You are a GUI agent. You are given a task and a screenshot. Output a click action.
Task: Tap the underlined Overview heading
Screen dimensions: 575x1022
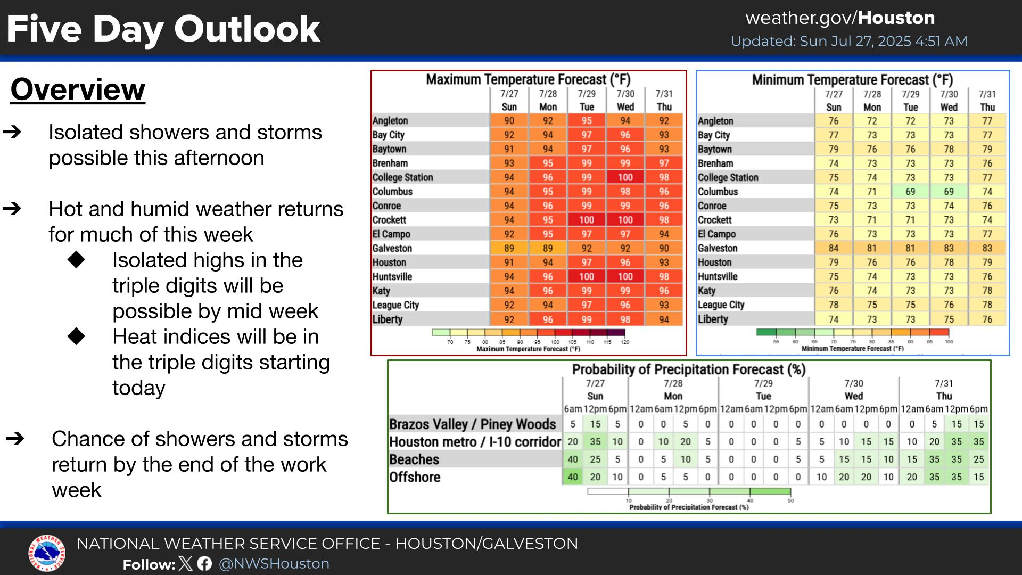[x=78, y=89]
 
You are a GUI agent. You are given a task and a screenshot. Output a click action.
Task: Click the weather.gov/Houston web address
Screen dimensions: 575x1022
[x=840, y=18]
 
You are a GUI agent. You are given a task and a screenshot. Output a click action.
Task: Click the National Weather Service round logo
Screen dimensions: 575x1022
[x=47, y=554]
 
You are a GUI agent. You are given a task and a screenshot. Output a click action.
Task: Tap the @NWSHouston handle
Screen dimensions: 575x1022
[x=274, y=564]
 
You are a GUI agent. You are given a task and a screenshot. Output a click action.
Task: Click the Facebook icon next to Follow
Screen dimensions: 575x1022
[x=204, y=564]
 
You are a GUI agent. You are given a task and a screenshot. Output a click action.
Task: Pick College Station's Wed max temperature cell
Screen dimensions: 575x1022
[x=625, y=177]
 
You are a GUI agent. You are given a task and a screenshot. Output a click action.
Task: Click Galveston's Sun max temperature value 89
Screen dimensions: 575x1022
[x=509, y=248]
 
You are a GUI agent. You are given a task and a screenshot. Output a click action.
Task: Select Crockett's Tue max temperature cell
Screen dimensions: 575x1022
[x=586, y=220]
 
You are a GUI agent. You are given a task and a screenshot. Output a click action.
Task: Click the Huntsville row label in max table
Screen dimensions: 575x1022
[x=392, y=277]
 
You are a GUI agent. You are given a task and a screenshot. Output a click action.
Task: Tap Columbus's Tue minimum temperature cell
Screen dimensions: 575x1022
[x=910, y=192]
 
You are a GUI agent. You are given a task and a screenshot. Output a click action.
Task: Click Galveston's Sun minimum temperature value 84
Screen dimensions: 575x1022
[x=833, y=248]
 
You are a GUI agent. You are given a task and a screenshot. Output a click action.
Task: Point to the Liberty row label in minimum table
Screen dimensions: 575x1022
[x=713, y=319]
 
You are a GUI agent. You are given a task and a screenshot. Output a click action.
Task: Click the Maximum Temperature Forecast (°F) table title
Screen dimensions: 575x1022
[x=528, y=79]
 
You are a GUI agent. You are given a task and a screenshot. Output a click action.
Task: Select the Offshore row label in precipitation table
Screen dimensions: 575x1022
[x=415, y=477]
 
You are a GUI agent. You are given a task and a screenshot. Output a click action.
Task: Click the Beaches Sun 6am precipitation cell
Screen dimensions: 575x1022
[x=572, y=459]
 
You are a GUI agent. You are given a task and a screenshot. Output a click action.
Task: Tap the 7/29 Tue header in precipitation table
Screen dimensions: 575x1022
[x=763, y=390]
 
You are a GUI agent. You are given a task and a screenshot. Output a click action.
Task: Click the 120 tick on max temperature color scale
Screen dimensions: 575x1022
[x=625, y=342]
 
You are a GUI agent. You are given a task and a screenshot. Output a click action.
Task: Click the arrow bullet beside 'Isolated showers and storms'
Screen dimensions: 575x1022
[x=12, y=132]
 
